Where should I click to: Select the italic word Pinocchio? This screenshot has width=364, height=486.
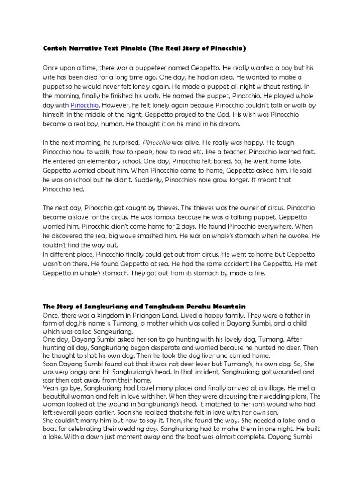click(155, 142)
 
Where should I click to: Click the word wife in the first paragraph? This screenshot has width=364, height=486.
click(51, 77)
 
